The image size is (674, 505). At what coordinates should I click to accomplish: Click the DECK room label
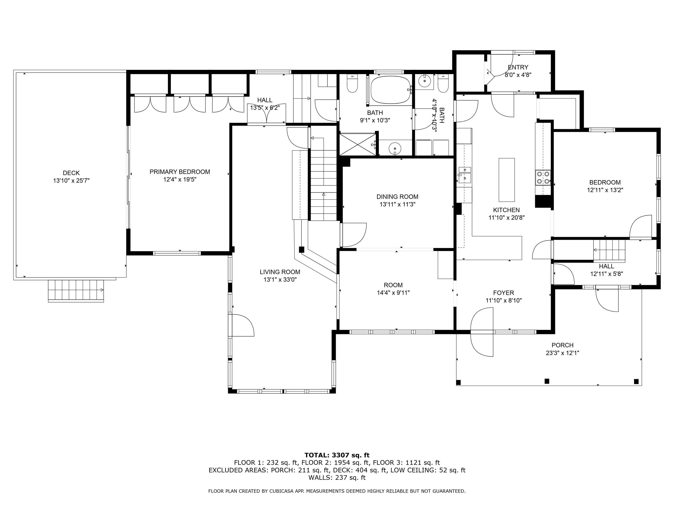(71, 173)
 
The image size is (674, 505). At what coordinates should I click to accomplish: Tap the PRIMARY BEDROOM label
(180, 172)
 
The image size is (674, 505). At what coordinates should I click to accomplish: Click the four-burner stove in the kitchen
(543, 178)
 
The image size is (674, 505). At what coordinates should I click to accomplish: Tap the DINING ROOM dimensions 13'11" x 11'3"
(397, 204)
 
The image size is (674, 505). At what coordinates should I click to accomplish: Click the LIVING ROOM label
(280, 272)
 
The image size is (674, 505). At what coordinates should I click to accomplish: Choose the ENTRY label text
(518, 67)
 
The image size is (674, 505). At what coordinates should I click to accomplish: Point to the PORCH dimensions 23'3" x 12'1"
(563, 353)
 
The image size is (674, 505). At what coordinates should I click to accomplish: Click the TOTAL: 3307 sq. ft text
(337, 455)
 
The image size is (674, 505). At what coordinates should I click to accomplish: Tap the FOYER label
(504, 293)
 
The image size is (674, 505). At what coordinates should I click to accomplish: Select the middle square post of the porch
(547, 381)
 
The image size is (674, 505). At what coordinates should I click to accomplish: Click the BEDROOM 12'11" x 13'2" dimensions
(605, 190)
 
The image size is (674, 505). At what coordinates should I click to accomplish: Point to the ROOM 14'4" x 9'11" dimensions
(393, 293)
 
